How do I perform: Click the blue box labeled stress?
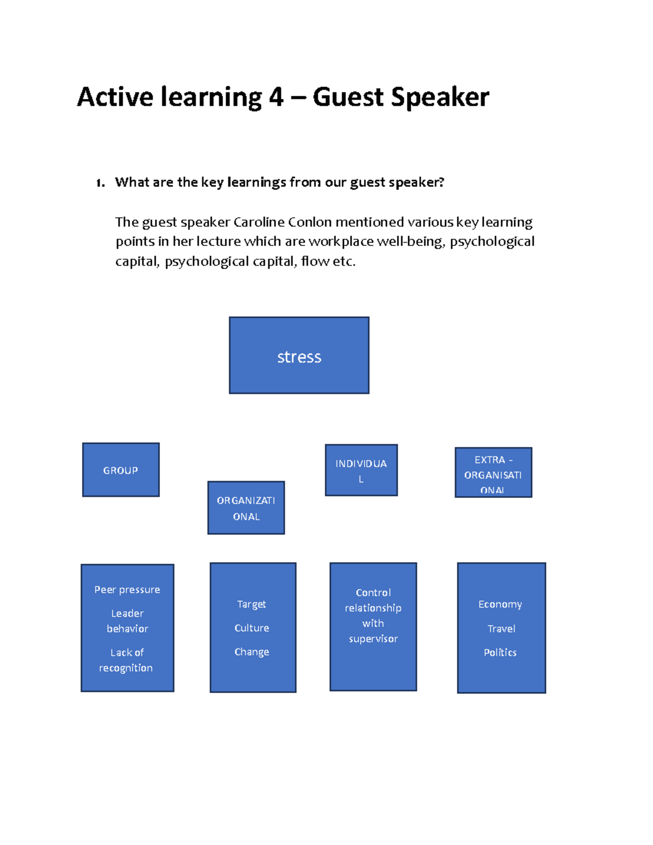coord(299,355)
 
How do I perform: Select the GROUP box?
coord(121,470)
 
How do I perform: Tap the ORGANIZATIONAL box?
coord(246,508)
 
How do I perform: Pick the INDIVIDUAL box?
coord(361,470)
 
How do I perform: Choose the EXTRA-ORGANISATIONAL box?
coord(493,472)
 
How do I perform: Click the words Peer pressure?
coord(127,590)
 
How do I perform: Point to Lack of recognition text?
coord(126,660)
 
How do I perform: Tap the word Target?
coord(251,604)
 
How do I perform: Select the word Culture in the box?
coord(252,628)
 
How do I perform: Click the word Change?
coord(252,652)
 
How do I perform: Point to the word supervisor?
coord(373,639)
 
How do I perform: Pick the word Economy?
coord(500,605)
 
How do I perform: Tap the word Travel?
coord(501,628)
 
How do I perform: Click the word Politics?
coord(500,652)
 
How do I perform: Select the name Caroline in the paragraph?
coord(259,222)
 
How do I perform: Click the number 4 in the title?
coord(276,97)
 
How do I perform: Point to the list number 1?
coord(100,183)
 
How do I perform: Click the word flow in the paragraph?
coord(315,261)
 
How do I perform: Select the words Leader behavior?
coord(127,621)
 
